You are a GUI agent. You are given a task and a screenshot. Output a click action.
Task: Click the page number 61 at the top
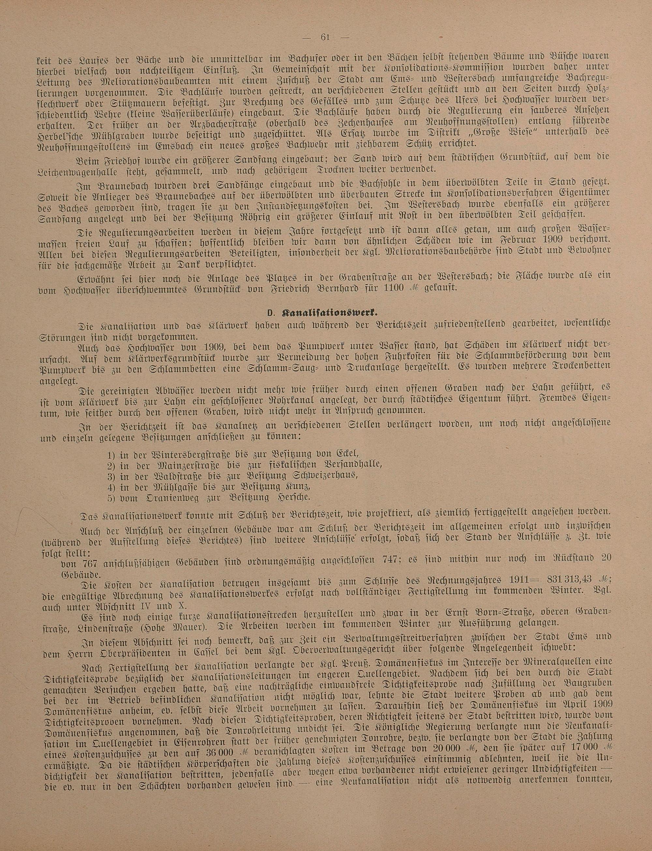(325, 37)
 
